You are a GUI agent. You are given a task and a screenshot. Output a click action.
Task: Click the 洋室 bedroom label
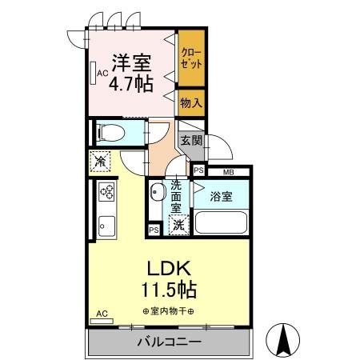tap(131, 63)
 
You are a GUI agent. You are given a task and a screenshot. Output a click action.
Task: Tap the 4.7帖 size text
tap(131, 84)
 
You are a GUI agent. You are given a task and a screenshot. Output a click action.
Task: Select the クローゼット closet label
tap(191, 58)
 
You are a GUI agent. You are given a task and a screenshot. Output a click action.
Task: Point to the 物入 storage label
tap(191, 102)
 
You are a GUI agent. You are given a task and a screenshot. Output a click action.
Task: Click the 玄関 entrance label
tap(191, 140)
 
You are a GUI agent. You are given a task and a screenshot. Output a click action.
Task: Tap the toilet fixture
tap(111, 133)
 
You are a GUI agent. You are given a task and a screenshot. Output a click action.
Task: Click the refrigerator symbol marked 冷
tap(100, 162)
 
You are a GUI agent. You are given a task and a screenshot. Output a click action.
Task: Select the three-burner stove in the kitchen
tap(106, 192)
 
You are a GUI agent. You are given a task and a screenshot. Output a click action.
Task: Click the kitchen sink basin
tap(106, 226)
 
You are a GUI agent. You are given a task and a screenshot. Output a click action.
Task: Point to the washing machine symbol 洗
tap(179, 225)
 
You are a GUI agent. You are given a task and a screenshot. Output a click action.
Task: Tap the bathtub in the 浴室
tap(221, 222)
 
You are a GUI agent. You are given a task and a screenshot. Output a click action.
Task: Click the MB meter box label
tap(228, 172)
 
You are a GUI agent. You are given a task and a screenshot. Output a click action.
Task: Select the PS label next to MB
tap(198, 170)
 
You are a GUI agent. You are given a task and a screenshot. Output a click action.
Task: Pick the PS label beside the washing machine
tap(154, 230)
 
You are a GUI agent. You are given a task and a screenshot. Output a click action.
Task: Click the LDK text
tap(169, 268)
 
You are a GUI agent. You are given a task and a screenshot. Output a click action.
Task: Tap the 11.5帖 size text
tap(169, 290)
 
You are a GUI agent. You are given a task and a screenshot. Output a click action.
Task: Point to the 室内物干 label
tap(168, 311)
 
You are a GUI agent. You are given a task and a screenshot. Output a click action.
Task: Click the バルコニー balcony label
tap(169, 342)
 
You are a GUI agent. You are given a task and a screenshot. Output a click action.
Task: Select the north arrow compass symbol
tap(283, 340)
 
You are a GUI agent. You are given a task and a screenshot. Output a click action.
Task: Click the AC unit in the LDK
tap(102, 321)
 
